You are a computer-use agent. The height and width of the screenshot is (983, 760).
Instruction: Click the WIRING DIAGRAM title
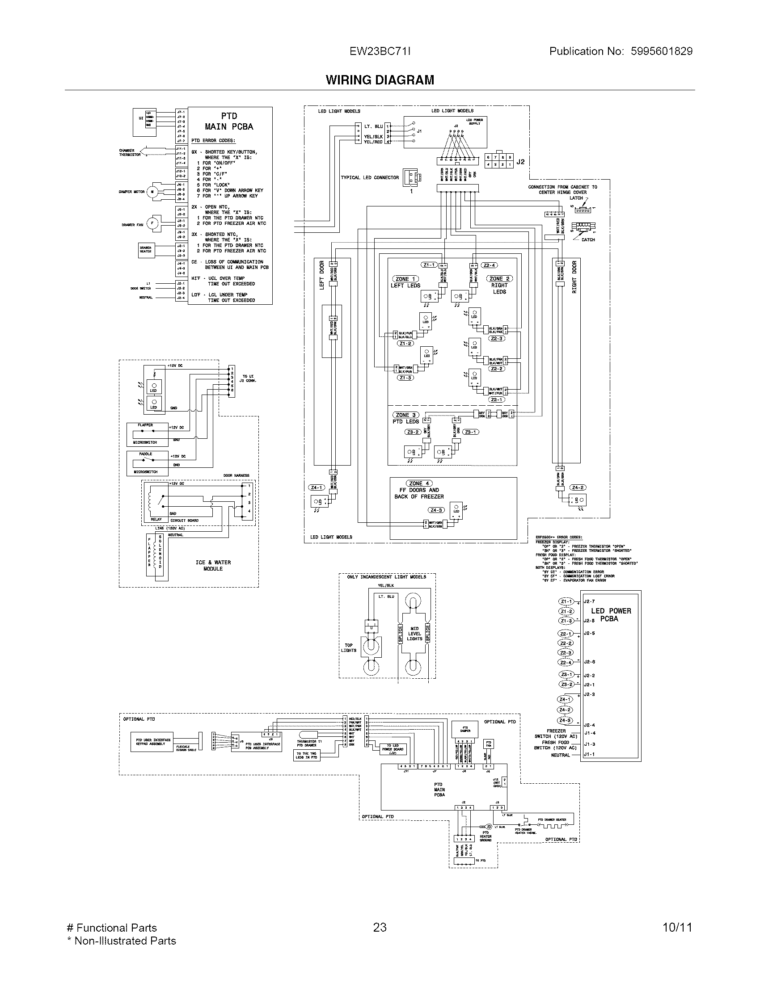click(x=380, y=80)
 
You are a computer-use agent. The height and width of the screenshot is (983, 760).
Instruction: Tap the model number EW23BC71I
click(x=380, y=51)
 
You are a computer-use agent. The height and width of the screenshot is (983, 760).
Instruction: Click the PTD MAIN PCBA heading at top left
click(x=229, y=122)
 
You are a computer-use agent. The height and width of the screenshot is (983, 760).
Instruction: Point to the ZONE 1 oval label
click(x=406, y=279)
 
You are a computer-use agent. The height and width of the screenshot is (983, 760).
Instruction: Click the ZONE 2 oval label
click(x=499, y=279)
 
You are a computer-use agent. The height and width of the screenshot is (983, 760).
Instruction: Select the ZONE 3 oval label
click(x=405, y=415)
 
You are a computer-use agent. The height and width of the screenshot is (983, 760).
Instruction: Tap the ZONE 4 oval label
click(x=419, y=483)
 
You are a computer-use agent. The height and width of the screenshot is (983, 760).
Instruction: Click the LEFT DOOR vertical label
click(x=322, y=275)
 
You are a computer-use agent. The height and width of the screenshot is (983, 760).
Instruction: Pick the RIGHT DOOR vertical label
click(x=574, y=277)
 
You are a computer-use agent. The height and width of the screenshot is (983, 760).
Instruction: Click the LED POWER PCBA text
click(x=611, y=615)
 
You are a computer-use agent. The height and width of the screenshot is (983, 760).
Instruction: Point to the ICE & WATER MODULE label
click(x=213, y=566)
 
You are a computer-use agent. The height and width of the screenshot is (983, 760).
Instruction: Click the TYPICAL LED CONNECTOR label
click(x=370, y=178)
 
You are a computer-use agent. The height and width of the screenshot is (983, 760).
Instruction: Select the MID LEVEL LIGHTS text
click(x=414, y=634)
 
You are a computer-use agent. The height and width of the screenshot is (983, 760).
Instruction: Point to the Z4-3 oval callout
click(x=436, y=510)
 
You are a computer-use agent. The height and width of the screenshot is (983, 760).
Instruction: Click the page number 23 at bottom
click(x=380, y=927)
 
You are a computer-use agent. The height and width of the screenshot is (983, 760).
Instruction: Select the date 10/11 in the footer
click(x=677, y=927)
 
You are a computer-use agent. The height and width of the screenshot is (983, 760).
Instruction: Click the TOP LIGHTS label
click(x=349, y=648)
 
